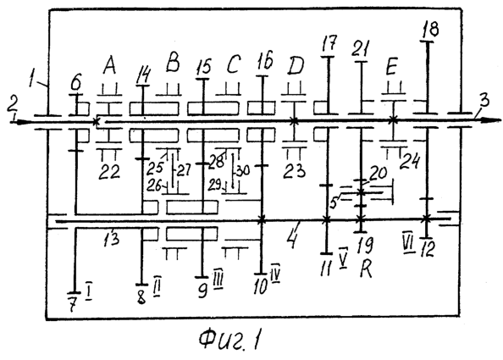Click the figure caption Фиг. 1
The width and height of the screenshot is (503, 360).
click(x=229, y=340)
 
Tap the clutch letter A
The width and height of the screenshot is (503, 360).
click(x=110, y=66)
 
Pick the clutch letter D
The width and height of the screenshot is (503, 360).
click(x=296, y=66)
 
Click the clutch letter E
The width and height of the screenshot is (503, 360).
click(x=391, y=67)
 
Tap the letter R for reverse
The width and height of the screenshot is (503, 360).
click(x=366, y=269)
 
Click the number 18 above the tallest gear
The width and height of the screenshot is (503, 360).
click(x=431, y=29)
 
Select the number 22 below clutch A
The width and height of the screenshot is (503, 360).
click(x=109, y=172)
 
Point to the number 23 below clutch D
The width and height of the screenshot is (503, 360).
click(x=294, y=170)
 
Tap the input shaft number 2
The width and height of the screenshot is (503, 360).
click(x=12, y=102)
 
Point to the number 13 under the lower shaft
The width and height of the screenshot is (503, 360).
click(x=111, y=238)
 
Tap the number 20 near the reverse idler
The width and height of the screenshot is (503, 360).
click(x=378, y=173)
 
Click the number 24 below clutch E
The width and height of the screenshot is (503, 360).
click(x=410, y=161)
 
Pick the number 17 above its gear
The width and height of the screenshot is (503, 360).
click(x=329, y=43)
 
